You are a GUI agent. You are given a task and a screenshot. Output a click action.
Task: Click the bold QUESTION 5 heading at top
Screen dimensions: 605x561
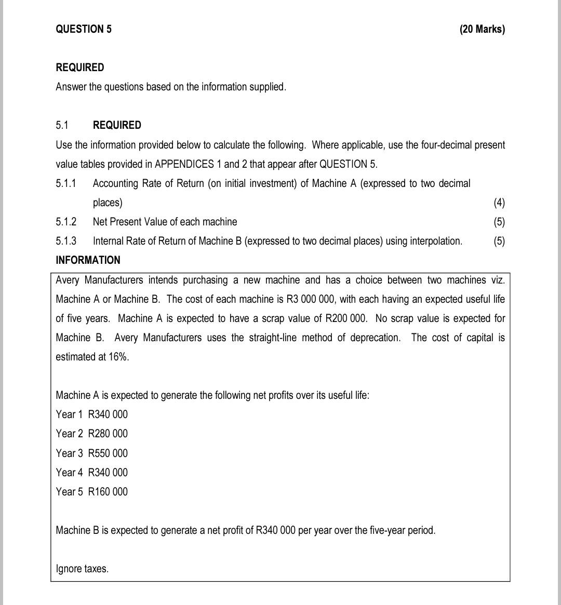pyautogui.click(x=84, y=29)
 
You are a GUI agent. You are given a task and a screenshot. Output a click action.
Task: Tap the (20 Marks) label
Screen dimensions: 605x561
pyautogui.click(x=482, y=29)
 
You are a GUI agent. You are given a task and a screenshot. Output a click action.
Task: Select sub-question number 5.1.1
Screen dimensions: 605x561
pyautogui.click(x=66, y=183)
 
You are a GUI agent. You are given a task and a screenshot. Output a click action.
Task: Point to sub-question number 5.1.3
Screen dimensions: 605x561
pyautogui.click(x=66, y=241)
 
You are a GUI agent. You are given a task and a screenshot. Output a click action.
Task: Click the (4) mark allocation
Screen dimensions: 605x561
pyautogui.click(x=499, y=203)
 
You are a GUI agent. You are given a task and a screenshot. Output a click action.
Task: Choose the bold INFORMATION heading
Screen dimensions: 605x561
pyautogui.click(x=88, y=260)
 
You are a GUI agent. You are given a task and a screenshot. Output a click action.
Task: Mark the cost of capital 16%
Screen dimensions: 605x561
pyautogui.click(x=118, y=357)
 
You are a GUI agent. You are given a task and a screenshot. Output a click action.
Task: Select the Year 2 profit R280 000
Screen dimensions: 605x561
pyautogui.click(x=108, y=434)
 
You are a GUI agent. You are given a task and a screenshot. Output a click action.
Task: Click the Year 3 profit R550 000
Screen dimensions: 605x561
pyautogui.click(x=108, y=453)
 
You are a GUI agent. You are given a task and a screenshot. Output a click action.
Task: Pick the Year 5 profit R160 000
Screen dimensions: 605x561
pyautogui.click(x=108, y=492)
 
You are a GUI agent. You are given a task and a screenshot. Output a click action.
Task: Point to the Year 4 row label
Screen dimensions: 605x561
pyautogui.click(x=69, y=473)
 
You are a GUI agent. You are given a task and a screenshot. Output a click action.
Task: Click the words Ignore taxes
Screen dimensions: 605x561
pyautogui.click(x=82, y=569)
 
